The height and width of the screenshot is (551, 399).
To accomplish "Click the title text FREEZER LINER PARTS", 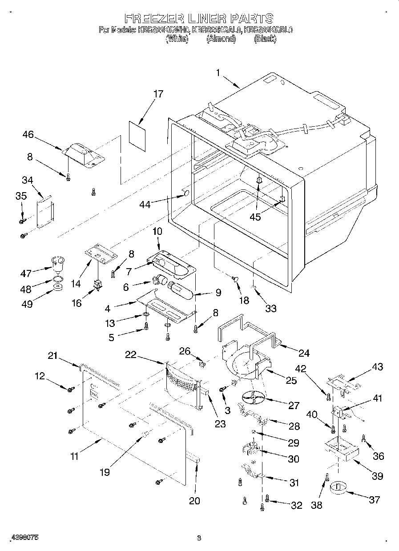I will [x=198, y=18].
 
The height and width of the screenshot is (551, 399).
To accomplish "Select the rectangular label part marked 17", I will [x=137, y=132].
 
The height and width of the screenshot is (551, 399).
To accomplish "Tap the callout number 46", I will [x=28, y=134].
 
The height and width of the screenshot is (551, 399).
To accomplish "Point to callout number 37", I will [x=375, y=500].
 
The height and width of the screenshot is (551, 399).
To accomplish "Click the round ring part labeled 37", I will [x=339, y=487].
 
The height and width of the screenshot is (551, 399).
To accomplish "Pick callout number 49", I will [x=26, y=302].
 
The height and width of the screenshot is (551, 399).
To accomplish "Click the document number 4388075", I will [x=20, y=537].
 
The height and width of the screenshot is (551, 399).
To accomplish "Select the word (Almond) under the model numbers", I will [x=221, y=39].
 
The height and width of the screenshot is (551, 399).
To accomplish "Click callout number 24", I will [x=304, y=354].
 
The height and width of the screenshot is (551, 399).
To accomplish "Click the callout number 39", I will [x=377, y=476].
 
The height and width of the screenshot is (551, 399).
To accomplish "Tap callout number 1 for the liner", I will [x=218, y=73].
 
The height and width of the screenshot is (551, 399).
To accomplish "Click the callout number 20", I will [x=194, y=501].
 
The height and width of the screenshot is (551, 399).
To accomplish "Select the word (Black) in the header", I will [x=265, y=39].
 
